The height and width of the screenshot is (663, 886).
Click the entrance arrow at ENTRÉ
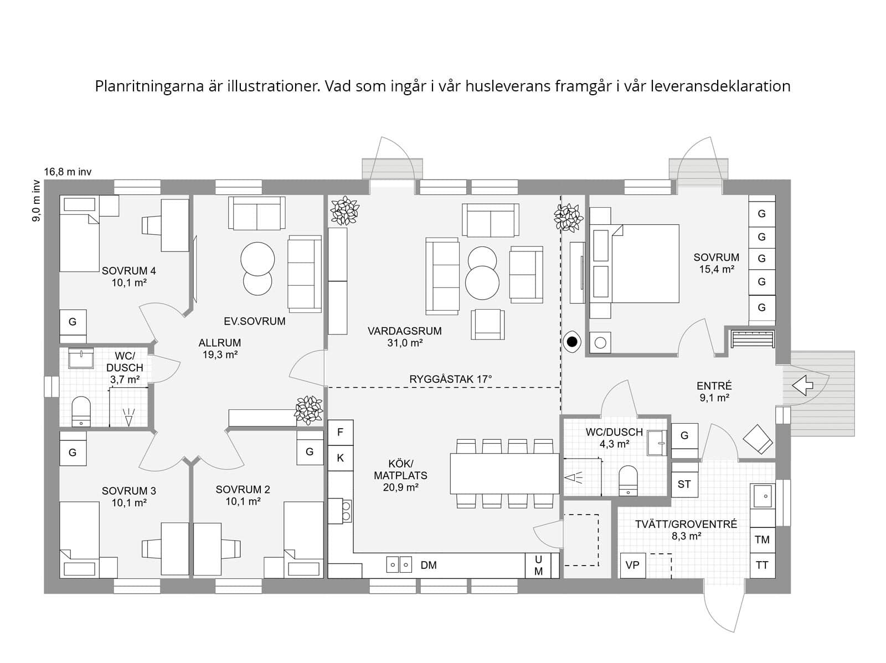point(802,385)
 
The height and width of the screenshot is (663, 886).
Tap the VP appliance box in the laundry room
point(632,565)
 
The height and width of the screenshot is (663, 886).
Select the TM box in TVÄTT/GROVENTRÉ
point(762,539)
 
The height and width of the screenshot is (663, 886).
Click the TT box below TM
point(762,566)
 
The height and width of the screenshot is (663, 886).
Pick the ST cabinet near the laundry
point(684,484)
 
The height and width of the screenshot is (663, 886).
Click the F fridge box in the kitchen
point(341,432)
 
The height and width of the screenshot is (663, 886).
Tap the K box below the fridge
point(341,458)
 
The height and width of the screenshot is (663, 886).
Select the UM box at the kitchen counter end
point(538,566)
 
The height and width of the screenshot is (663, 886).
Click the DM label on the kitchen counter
point(429,565)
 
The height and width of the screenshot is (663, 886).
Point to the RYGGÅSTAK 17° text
point(450,379)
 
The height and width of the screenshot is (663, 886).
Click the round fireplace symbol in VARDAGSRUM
point(572,342)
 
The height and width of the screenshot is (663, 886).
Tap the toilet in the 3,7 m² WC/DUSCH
point(81,411)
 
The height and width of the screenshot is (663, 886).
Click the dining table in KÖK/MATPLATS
point(504,474)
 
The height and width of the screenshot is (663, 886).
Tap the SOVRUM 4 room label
point(128,271)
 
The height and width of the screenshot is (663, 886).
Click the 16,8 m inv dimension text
point(68,172)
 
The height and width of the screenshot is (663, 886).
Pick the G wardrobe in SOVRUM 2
point(310,451)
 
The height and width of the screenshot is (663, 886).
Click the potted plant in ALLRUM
point(308,410)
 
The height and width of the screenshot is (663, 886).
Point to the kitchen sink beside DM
point(399,565)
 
